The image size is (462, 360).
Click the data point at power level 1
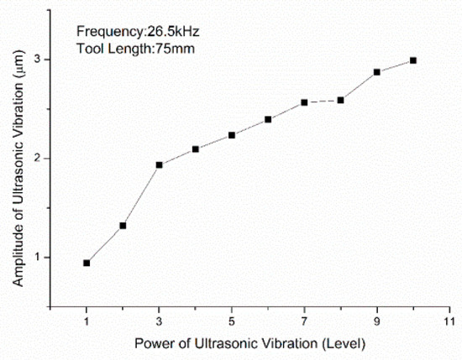[x=87, y=263]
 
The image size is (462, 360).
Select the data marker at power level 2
[x=123, y=226]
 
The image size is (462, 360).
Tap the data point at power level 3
[x=159, y=164]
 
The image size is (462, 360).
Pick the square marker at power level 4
[x=196, y=149]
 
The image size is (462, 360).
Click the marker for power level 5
[x=232, y=135]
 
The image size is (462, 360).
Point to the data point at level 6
[x=268, y=119]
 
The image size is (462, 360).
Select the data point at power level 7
[x=304, y=102]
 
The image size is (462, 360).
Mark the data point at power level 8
[x=340, y=100]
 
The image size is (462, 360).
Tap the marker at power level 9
[x=377, y=72]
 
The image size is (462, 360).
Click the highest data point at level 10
[x=413, y=60]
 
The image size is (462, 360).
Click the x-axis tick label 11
[x=449, y=321]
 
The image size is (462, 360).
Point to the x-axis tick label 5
[x=232, y=321]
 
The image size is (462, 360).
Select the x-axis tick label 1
[x=87, y=321]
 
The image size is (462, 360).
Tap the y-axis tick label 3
[x=38, y=60]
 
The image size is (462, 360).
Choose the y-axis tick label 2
[x=38, y=159]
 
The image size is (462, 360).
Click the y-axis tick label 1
[x=38, y=258]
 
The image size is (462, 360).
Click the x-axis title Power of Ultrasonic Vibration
[x=249, y=343]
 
